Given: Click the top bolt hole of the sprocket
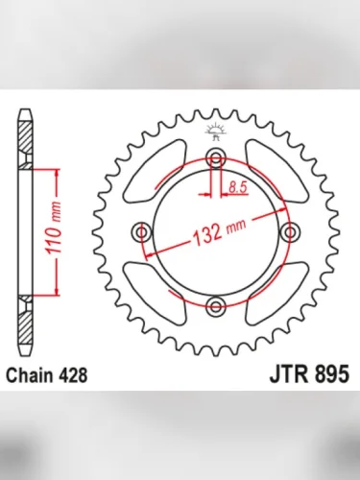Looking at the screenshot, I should click(x=215, y=158).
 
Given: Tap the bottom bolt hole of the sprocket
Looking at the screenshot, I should click(x=215, y=305).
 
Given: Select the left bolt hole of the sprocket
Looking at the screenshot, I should click(x=142, y=232).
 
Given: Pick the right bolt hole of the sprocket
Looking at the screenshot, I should click(x=289, y=232).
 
